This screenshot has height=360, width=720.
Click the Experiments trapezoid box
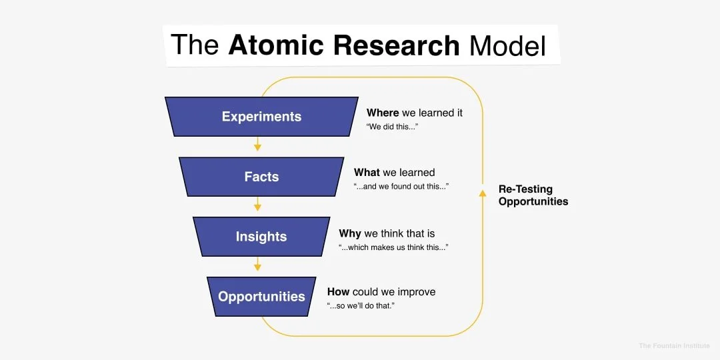(261, 117)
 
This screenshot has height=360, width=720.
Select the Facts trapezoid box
(261, 177)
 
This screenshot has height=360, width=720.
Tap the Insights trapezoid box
(261, 237)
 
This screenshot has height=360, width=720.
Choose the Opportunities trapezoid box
(261, 297)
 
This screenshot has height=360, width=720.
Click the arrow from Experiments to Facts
(257, 144)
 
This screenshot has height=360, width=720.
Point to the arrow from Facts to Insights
(257, 204)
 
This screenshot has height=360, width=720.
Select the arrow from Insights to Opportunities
(257, 264)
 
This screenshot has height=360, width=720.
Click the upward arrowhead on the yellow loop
(482, 193)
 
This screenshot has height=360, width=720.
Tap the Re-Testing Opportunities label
(533, 195)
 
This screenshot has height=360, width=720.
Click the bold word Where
(383, 113)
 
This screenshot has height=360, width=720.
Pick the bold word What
(367, 173)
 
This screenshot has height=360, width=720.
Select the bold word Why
(350, 233)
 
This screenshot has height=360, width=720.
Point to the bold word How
(338, 292)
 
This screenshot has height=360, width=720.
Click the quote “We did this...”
(392, 127)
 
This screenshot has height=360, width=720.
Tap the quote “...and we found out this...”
(401, 187)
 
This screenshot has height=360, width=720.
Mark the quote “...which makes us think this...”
(393, 247)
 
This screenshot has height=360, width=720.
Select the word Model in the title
(507, 45)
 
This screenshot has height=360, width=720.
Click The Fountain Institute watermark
(674, 345)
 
